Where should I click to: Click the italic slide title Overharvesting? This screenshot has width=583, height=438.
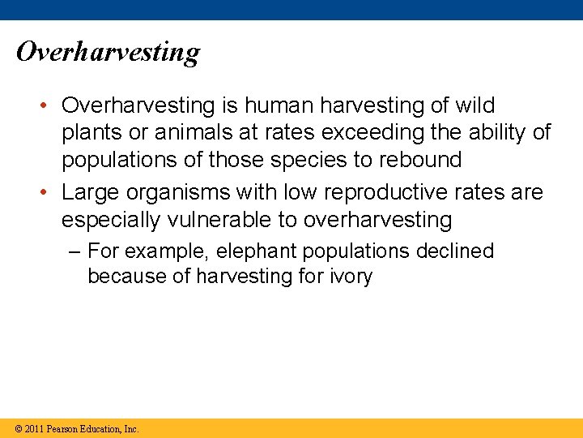point(108,53)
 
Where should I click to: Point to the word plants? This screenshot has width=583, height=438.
point(91,133)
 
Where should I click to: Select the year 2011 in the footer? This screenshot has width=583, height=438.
point(34,429)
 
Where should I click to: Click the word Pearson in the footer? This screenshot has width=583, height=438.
point(63,429)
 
